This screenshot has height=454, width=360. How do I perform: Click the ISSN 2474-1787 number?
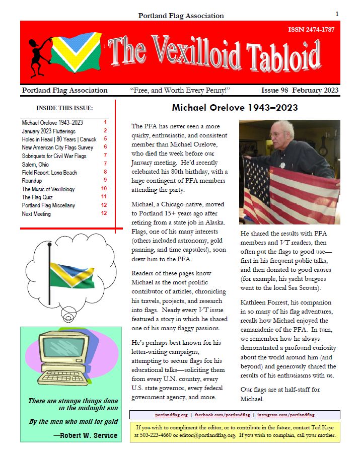(x=311, y=29)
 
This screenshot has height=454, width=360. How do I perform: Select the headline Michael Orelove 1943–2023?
(x=235, y=108)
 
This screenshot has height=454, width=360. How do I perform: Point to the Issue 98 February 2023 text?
(x=300, y=91)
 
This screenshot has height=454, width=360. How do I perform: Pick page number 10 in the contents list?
(x=104, y=189)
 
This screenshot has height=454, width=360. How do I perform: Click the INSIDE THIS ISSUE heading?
(x=64, y=108)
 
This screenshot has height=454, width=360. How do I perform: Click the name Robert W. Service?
(x=89, y=435)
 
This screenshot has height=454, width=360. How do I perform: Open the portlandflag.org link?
(x=171, y=415)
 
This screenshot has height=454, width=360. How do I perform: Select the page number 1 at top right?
(x=337, y=14)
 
